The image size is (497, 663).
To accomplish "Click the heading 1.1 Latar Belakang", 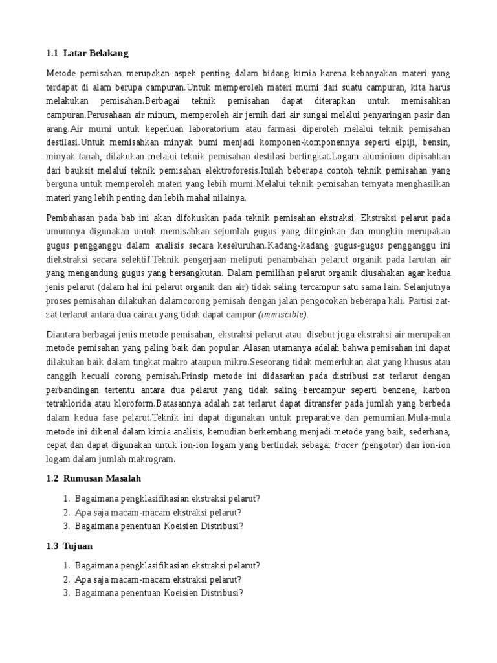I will tap(92, 52).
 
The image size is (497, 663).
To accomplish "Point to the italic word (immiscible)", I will tap(283, 314).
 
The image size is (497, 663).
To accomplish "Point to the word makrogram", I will tap(152, 459).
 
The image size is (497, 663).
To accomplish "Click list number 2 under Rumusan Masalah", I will tap(67, 511).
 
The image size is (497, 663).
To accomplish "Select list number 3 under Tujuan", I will tap(67, 592).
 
